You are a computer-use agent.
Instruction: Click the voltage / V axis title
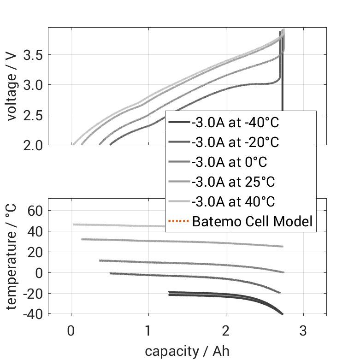12,87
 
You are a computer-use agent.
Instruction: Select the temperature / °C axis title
12,257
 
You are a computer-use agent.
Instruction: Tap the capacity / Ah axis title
187,351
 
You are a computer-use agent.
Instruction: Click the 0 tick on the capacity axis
71,331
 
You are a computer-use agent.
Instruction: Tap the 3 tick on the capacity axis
303,331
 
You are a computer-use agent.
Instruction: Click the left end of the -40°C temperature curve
170,293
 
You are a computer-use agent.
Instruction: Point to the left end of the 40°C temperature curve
74,224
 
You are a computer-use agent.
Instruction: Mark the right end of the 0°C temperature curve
283,272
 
